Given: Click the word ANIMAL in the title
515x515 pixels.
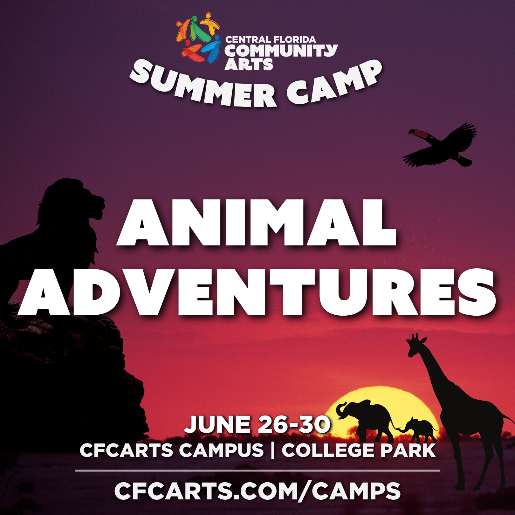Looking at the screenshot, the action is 257,223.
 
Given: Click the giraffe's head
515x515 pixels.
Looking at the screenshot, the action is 415,345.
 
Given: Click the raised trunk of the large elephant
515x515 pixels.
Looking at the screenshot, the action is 341,410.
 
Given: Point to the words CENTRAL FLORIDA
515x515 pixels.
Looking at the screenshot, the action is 271,40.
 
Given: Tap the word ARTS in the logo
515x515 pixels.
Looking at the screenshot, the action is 249,65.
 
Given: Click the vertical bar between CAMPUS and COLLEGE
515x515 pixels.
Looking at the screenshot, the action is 273,450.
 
